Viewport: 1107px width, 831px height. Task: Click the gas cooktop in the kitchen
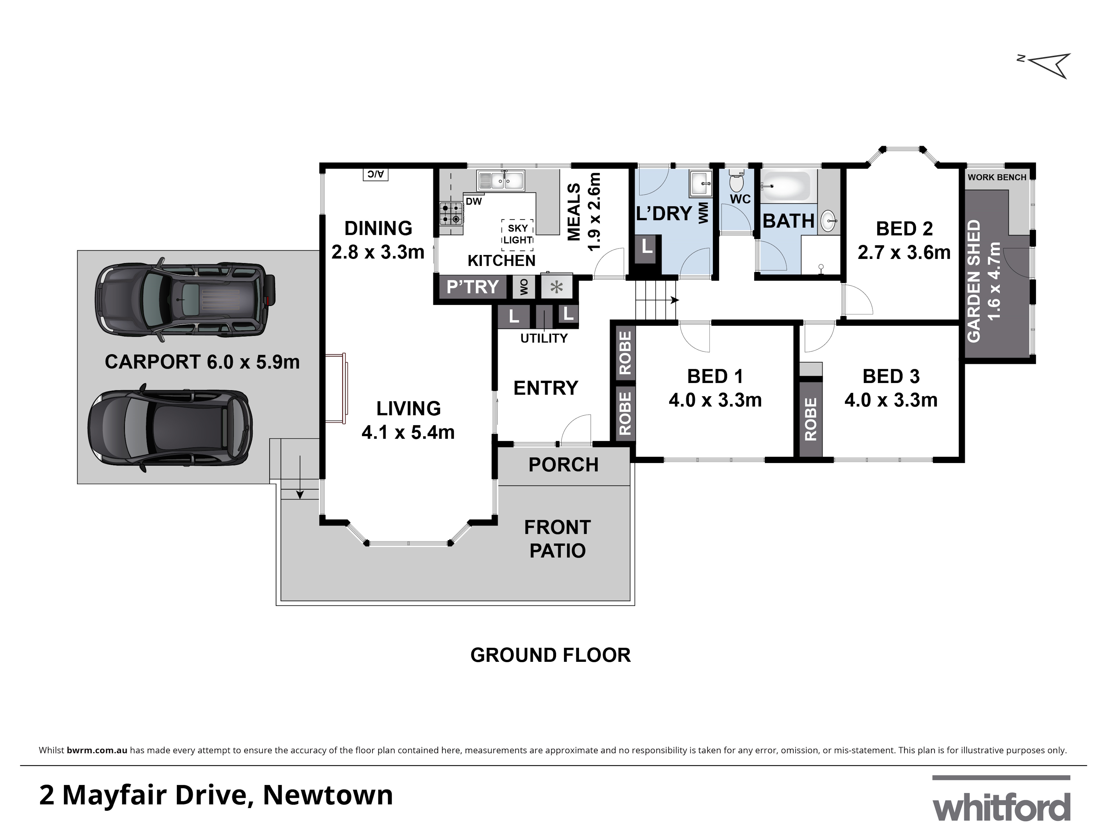[450, 213]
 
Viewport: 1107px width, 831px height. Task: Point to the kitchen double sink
[500, 180]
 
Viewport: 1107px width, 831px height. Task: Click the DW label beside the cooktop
[474, 201]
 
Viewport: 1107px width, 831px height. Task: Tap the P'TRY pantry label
[472, 287]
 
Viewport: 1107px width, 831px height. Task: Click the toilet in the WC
[737, 181]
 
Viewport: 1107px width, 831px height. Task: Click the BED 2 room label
[904, 229]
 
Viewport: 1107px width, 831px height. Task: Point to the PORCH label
[563, 465]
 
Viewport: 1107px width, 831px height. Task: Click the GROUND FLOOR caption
[550, 655]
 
